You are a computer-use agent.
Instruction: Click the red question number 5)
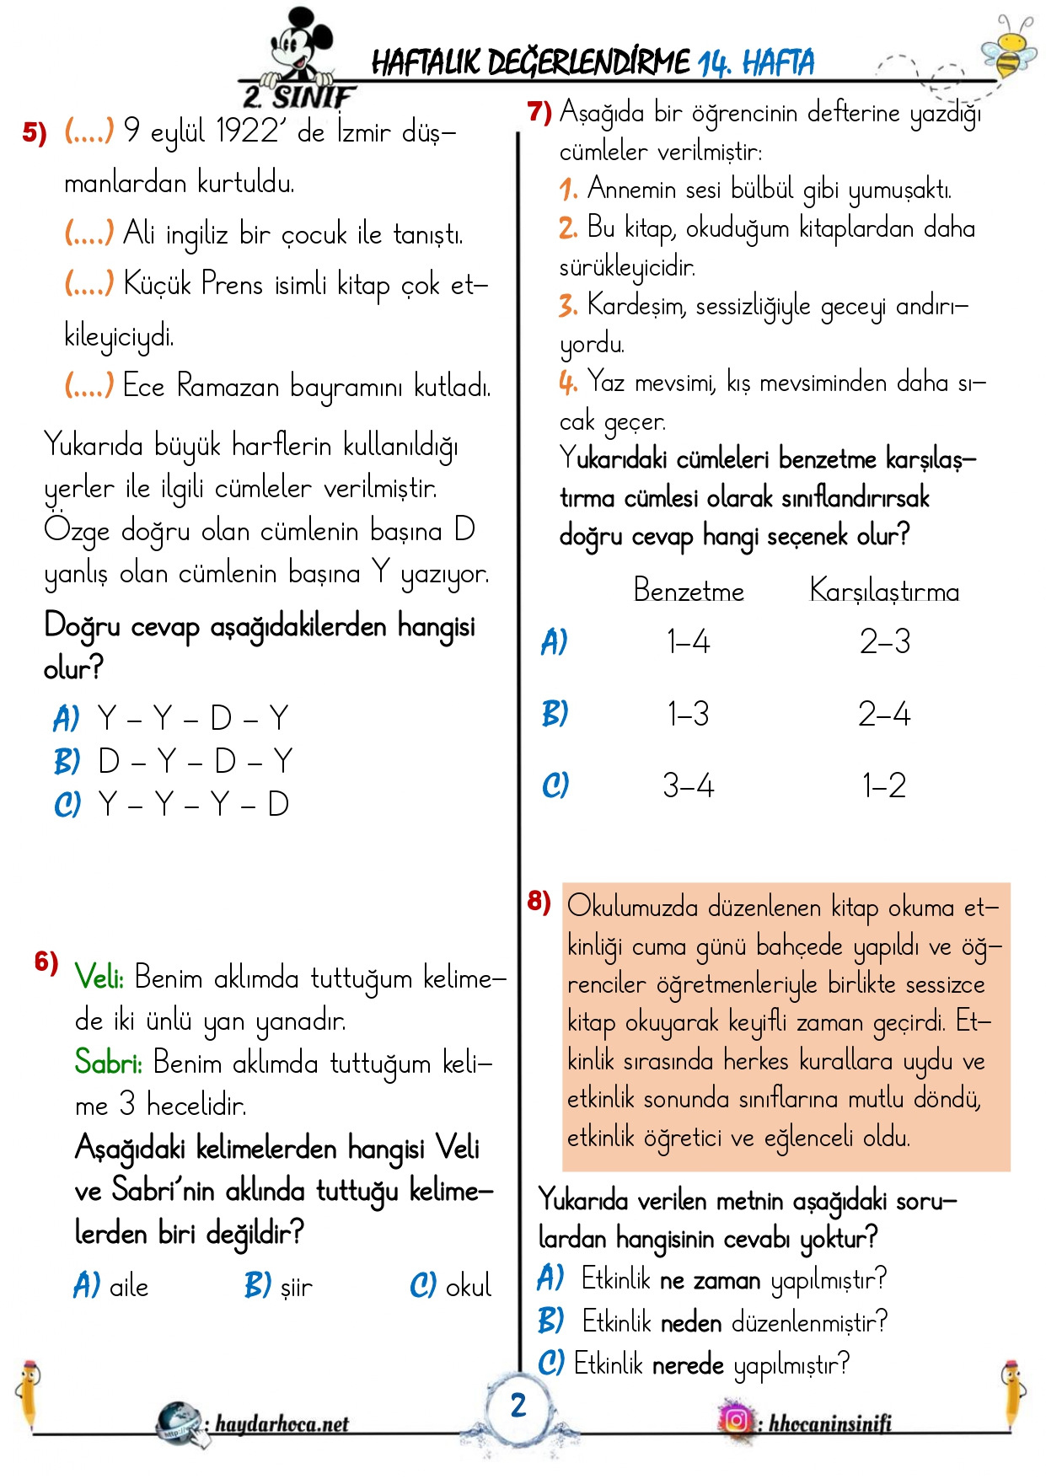click(x=34, y=132)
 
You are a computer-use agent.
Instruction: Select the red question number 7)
click(x=539, y=111)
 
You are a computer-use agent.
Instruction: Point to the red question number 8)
click(x=539, y=901)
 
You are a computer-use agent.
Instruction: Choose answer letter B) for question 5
click(x=67, y=762)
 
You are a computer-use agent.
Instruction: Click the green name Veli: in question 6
click(x=99, y=978)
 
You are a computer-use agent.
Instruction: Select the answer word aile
click(x=129, y=1287)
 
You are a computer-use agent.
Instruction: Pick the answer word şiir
click(x=296, y=1288)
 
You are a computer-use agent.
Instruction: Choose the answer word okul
click(x=468, y=1287)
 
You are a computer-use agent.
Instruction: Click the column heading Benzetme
click(x=689, y=591)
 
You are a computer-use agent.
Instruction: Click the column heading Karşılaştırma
click(x=884, y=591)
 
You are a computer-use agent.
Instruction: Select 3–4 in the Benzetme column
click(x=688, y=785)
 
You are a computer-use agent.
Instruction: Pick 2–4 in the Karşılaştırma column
click(x=884, y=715)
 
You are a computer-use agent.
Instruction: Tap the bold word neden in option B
click(x=691, y=1322)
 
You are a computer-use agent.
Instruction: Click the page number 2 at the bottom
click(x=518, y=1405)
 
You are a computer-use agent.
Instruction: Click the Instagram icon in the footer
click(x=736, y=1420)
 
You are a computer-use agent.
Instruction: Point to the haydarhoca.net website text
click(x=282, y=1424)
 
